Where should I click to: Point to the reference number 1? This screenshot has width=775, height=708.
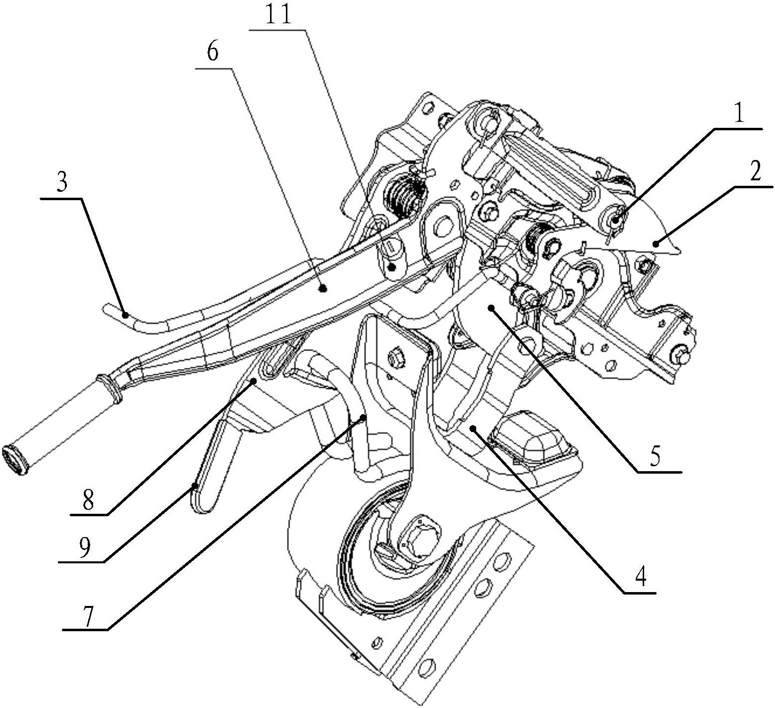[738, 115]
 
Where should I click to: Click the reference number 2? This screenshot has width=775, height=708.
[755, 172]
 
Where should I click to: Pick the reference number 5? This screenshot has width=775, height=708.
[655, 457]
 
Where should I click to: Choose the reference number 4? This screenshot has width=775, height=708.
[641, 577]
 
